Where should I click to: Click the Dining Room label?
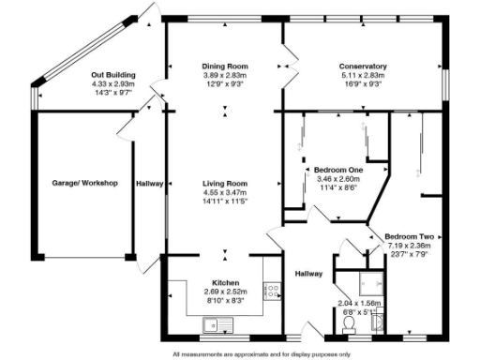click(x=224, y=67)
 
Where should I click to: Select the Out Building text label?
click(x=113, y=74)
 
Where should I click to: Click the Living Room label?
click(x=225, y=183)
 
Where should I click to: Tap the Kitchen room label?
click(x=225, y=282)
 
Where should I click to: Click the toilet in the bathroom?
click(x=349, y=324)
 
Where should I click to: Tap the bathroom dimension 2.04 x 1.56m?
click(x=358, y=303)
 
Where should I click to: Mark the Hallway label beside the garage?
click(x=149, y=184)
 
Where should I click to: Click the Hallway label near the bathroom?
click(x=308, y=274)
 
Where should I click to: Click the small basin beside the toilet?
click(x=376, y=324)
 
